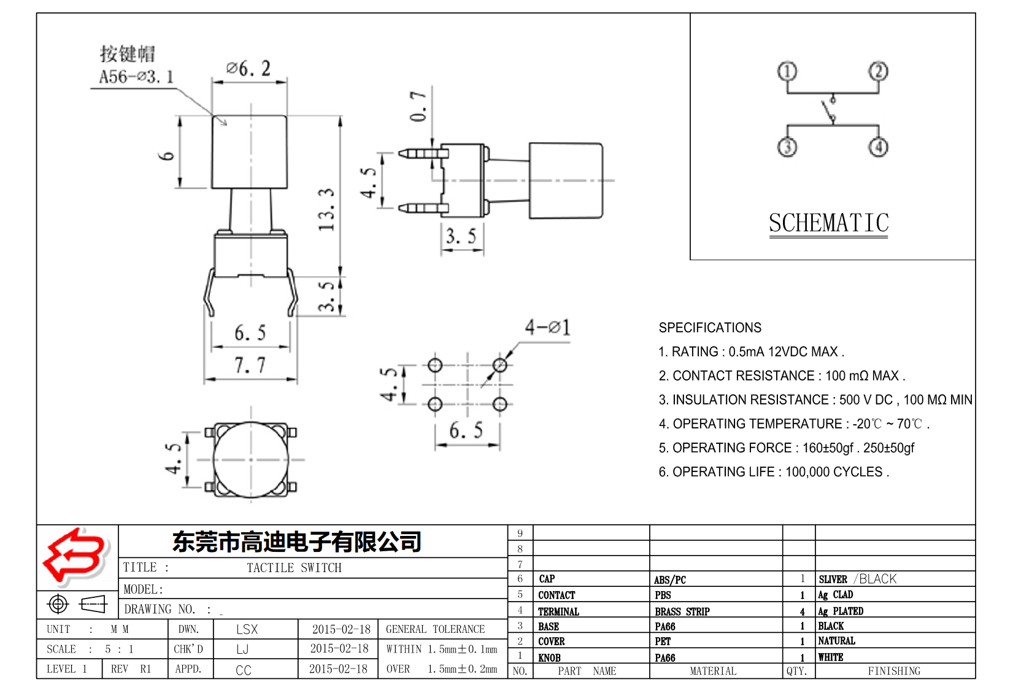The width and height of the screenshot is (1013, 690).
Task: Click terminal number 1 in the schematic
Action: coord(787,71)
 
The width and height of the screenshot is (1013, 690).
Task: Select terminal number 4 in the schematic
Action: coord(878,147)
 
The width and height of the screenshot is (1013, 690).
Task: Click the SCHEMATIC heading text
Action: coord(828,223)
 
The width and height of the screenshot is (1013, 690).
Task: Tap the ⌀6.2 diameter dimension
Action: coord(248,68)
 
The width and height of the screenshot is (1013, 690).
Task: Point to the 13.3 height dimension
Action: coord(327,209)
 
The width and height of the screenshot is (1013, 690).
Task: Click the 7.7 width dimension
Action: coord(250,365)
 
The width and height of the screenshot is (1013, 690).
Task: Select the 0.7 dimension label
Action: coord(418,106)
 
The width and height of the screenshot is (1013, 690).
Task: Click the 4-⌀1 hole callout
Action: coord(547,327)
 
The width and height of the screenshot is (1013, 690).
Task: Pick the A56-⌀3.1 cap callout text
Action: coord(136,77)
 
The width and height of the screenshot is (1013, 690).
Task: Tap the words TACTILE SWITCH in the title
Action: coord(294,568)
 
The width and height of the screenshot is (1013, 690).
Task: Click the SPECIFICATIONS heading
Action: coord(710,328)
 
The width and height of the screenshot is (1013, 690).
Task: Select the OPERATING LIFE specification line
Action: coord(773,472)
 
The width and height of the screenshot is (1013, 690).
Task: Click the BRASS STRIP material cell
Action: coord(682,611)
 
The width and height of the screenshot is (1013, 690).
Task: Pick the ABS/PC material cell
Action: coord(669,580)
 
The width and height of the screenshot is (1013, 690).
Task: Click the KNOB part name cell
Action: coord(549,657)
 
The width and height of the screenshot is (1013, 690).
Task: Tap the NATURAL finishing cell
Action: coord(836,641)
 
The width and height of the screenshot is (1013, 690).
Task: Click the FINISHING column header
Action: coord(893,671)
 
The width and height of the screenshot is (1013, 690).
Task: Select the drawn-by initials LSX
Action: coord(247,629)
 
